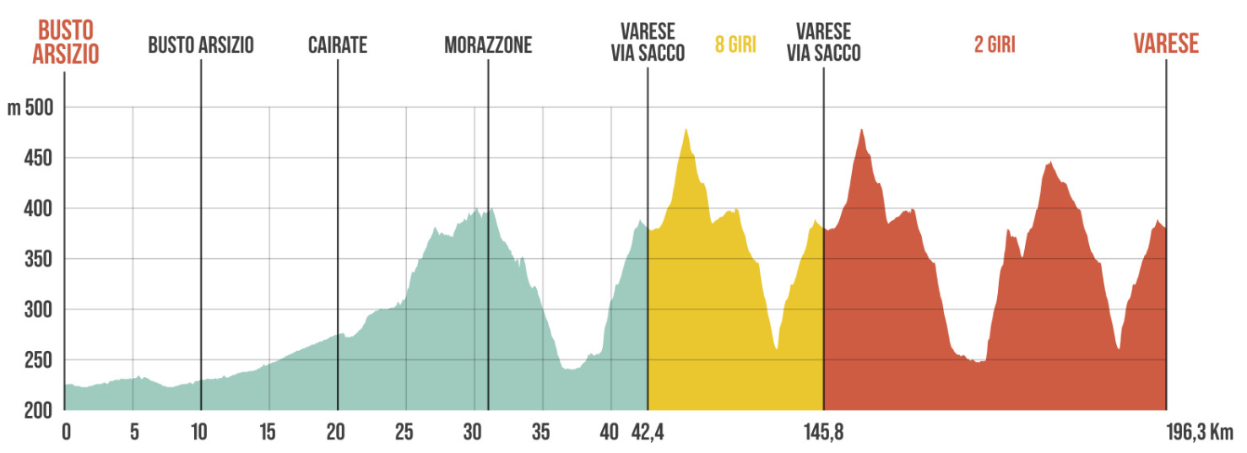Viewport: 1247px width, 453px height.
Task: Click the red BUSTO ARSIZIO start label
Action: [x=66, y=43]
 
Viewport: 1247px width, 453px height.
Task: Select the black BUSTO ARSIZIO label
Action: [x=201, y=46]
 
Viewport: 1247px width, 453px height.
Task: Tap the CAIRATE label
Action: [x=338, y=46]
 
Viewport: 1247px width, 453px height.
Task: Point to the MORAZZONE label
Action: [x=488, y=46]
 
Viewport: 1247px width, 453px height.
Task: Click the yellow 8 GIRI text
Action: [x=735, y=46]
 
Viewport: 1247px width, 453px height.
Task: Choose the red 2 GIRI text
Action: [x=995, y=46]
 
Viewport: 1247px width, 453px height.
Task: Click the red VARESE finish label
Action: [x=1166, y=44]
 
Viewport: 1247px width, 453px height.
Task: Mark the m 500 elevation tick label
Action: [x=30, y=108]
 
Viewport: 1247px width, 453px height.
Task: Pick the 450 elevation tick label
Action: [x=38, y=159]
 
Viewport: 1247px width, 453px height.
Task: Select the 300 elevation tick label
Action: [x=38, y=310]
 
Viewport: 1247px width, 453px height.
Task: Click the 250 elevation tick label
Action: [x=38, y=360]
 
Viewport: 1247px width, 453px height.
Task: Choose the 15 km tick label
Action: [x=268, y=433]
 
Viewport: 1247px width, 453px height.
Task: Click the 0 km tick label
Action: [x=66, y=433]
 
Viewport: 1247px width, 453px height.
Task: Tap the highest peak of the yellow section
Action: [x=686, y=130]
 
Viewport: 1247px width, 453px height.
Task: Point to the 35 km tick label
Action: [x=541, y=433]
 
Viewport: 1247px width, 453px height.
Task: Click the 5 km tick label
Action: [x=133, y=433]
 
